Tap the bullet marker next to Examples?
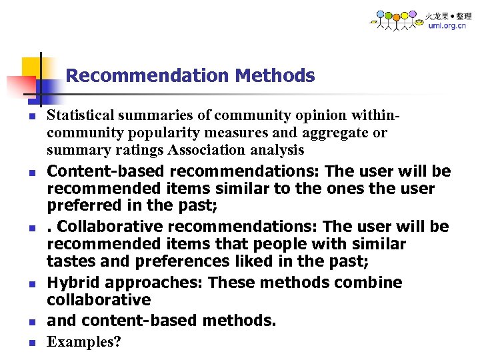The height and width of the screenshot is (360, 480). coord(31,343)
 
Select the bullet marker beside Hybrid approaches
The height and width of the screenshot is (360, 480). coord(31,285)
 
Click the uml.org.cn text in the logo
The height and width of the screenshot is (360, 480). coord(447,26)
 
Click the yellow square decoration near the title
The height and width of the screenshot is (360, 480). coord(31,67)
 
